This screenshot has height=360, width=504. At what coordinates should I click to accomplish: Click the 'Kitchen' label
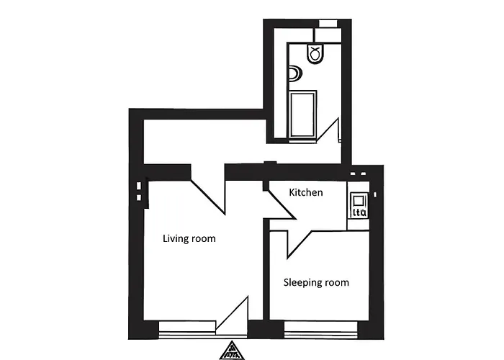pyautogui.click(x=306, y=193)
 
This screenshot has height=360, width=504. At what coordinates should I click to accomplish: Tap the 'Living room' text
pyautogui.click(x=189, y=238)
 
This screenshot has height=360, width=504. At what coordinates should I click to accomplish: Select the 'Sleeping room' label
pyautogui.click(x=316, y=282)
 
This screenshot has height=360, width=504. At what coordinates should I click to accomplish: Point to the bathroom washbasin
pyautogui.click(x=294, y=73)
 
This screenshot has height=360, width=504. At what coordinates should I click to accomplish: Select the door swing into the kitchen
pyautogui.click(x=282, y=202)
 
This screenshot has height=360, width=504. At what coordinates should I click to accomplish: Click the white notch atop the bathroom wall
pyautogui.click(x=328, y=22)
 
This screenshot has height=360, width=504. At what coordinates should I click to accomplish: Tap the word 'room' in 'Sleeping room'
pyautogui.click(x=336, y=282)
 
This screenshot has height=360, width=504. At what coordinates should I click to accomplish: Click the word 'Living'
pyautogui.click(x=175, y=238)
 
